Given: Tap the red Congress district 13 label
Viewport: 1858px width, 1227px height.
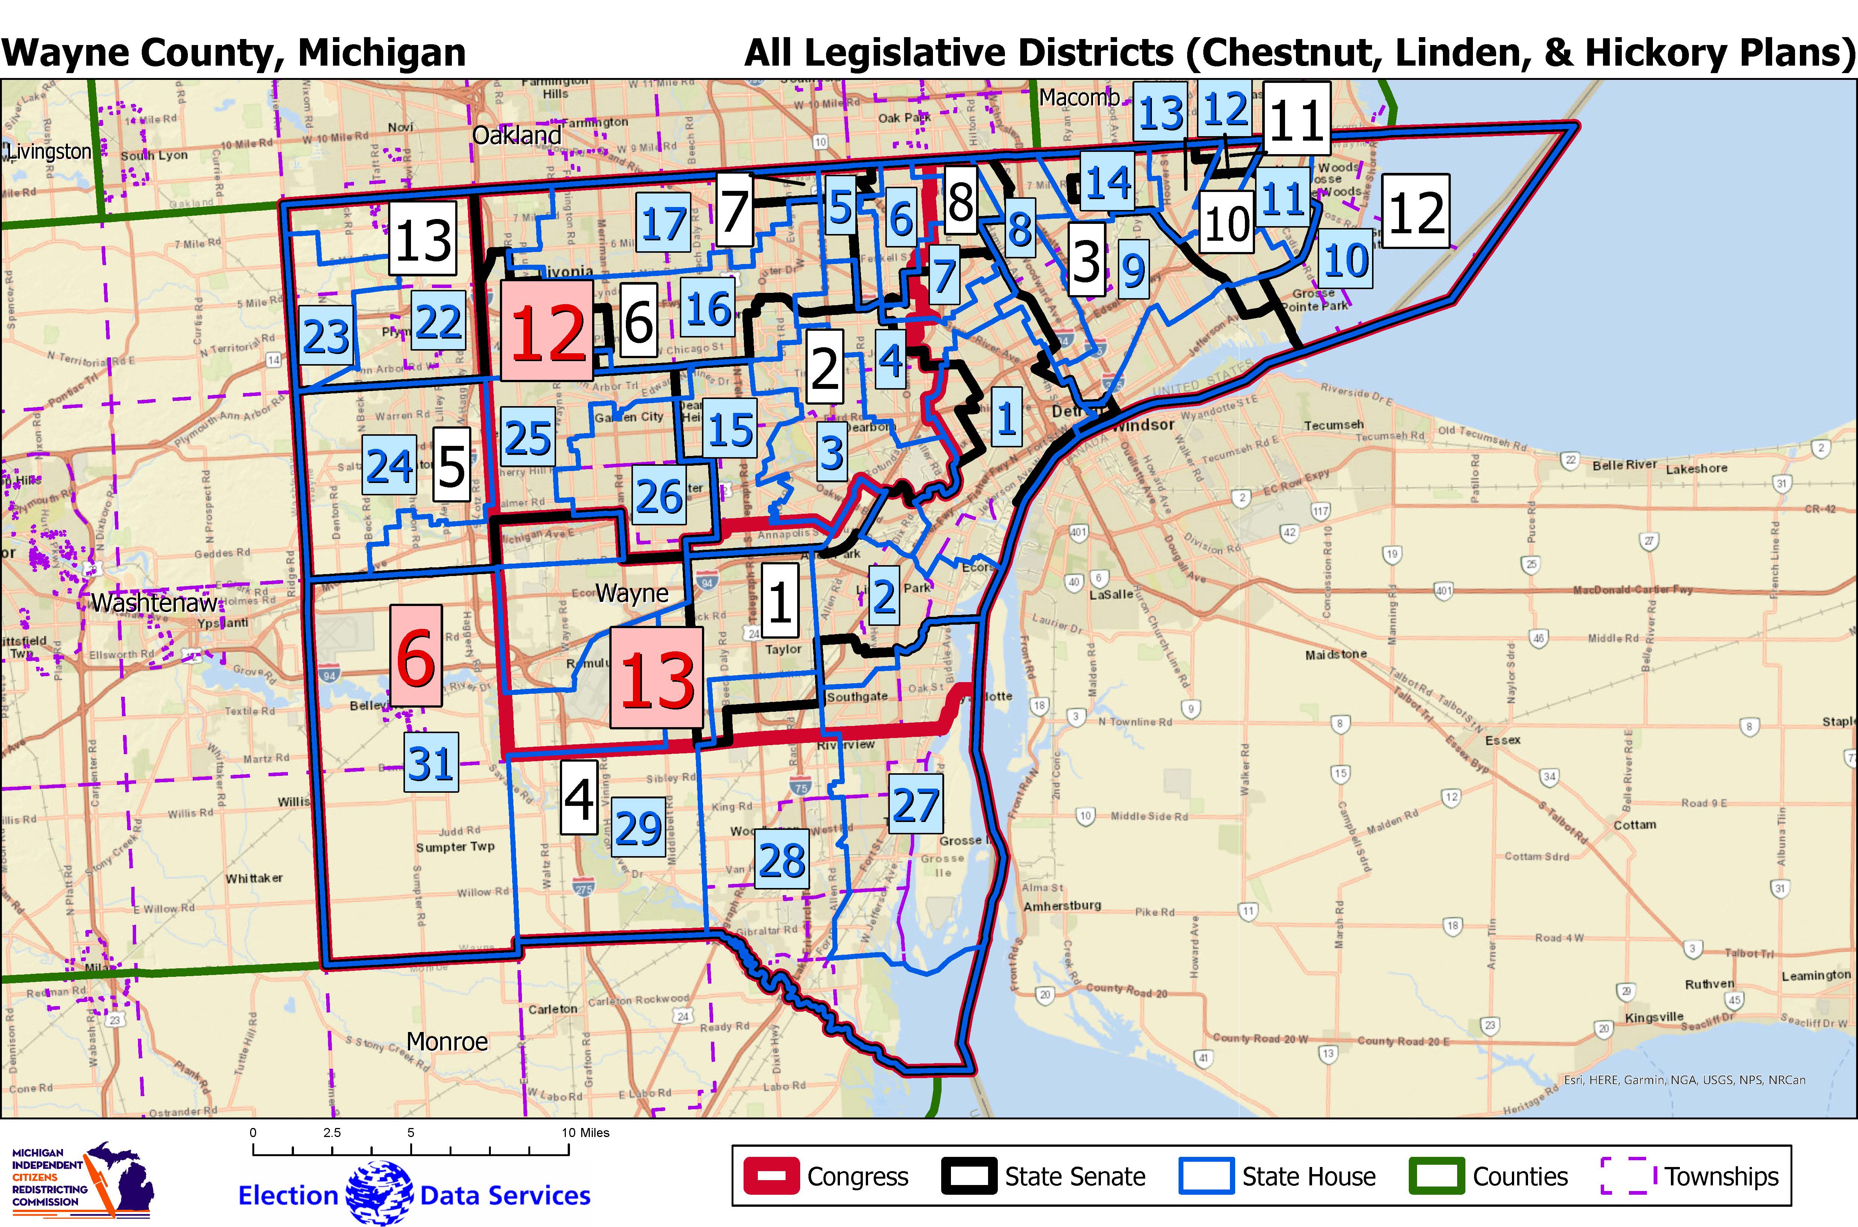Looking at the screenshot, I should pyautogui.click(x=656, y=678).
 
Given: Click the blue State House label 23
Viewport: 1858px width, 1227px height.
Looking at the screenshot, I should pyautogui.click(x=325, y=336).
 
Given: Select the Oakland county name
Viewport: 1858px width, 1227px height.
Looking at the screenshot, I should pyautogui.click(x=516, y=135).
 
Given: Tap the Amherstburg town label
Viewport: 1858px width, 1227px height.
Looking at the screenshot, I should pyautogui.click(x=1062, y=905).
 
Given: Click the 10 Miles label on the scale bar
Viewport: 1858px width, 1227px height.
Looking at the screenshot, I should pyautogui.click(x=585, y=1132).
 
